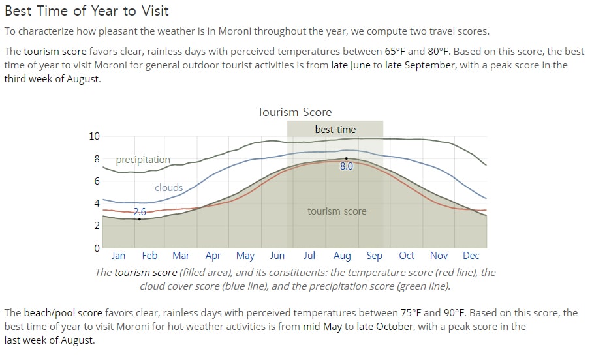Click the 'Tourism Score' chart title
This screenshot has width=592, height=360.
[x=294, y=112]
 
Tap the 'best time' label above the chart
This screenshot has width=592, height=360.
[x=335, y=130]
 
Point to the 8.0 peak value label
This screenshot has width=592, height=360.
[x=346, y=166]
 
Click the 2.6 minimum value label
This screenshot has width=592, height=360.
[x=140, y=212]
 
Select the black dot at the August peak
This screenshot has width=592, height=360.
[x=346, y=158]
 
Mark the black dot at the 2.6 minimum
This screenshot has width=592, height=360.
[x=139, y=219]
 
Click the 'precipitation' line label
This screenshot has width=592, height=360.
[x=143, y=160]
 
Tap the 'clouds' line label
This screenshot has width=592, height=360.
[x=169, y=188]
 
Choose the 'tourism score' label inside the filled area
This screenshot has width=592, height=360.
[x=337, y=211]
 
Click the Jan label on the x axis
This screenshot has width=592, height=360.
[x=118, y=256]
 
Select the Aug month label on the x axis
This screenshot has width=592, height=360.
[x=342, y=256]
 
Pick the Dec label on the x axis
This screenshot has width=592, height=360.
[x=471, y=256]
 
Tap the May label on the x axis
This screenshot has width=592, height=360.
[x=245, y=256]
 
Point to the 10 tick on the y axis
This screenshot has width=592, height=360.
[x=95, y=136]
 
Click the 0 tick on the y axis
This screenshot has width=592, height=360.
[x=97, y=248]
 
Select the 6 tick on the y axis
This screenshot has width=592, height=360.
[x=97, y=181]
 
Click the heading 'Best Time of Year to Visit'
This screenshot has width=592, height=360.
[x=86, y=11]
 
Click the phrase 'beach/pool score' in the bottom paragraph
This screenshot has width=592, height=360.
[x=63, y=313]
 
